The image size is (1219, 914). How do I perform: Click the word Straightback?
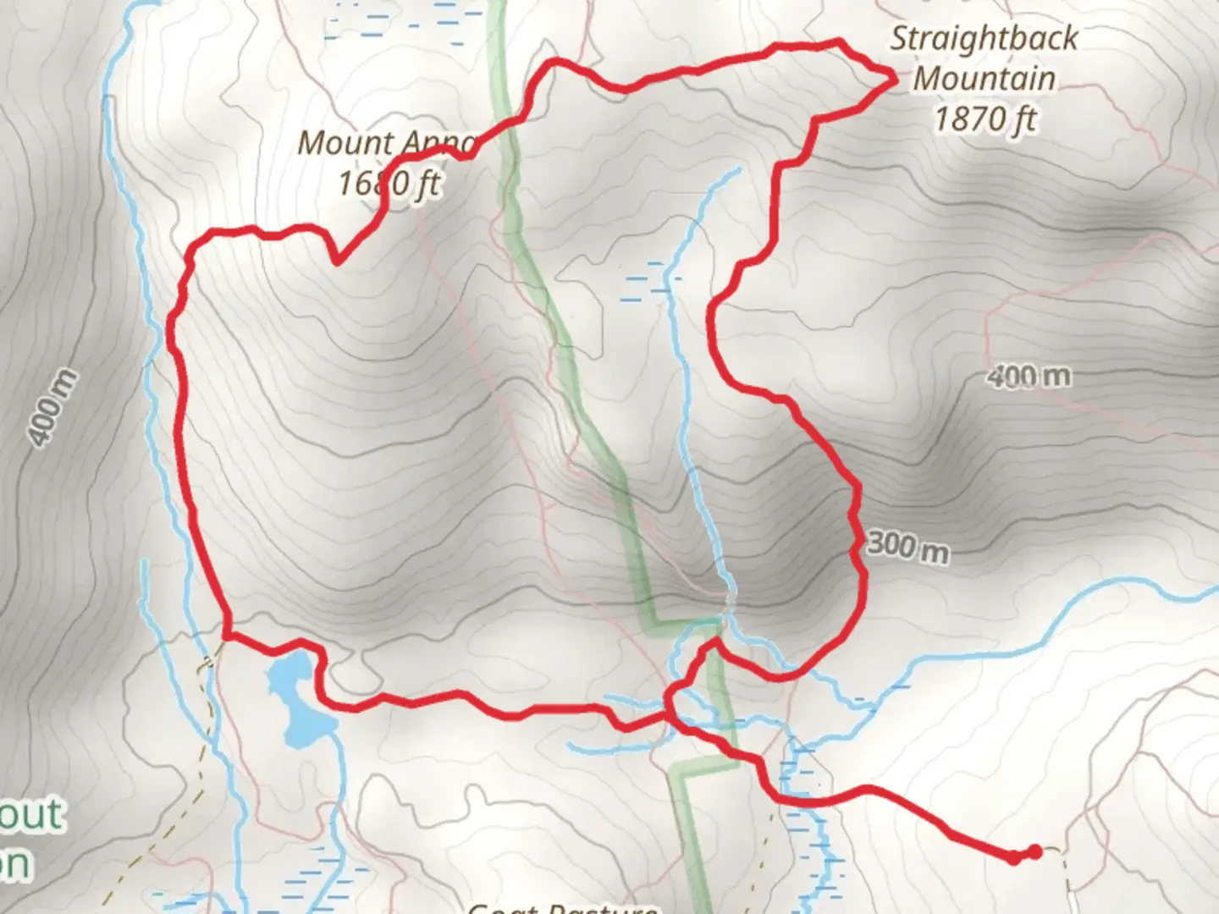[x=985, y=39]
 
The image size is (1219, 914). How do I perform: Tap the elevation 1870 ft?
[x=985, y=118]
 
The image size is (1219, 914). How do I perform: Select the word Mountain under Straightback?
[x=985, y=79]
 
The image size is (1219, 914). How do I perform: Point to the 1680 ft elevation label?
[x=389, y=183]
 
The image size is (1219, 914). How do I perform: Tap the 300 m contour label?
[x=907, y=548]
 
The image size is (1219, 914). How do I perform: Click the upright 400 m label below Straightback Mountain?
[x=1029, y=376]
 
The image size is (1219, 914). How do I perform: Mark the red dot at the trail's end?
[x=1034, y=852]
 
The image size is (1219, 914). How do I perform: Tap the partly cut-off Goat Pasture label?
[x=563, y=907]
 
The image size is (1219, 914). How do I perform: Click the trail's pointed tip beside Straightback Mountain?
[x=895, y=79]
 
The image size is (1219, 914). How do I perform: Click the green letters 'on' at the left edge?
[x=15, y=863]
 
